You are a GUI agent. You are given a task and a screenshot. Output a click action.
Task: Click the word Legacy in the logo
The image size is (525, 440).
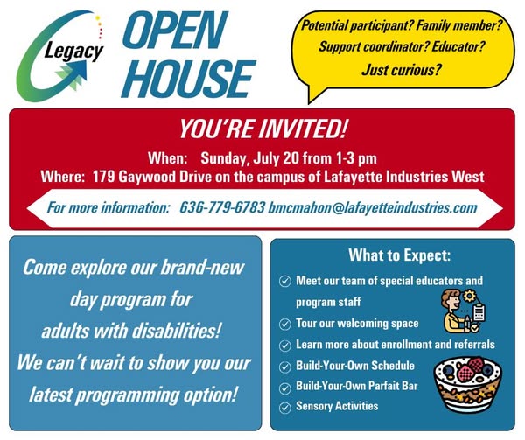[73, 52]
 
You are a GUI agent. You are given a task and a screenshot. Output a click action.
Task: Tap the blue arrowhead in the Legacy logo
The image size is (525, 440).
[78, 68]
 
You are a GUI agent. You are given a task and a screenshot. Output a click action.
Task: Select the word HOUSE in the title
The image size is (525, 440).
[188, 79]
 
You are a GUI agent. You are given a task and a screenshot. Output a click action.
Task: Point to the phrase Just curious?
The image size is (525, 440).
[402, 70]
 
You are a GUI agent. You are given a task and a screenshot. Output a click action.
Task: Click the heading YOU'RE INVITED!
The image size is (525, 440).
[262, 129]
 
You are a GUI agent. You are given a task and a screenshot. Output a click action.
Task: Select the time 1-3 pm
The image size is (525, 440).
[356, 158]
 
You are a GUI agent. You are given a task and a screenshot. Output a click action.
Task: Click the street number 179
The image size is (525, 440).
[103, 177]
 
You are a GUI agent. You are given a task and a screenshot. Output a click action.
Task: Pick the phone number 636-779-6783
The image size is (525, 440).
[222, 207]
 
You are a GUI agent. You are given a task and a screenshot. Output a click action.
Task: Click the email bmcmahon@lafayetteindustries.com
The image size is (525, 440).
[373, 207]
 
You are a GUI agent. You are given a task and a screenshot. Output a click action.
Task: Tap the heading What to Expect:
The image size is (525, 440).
[400, 255]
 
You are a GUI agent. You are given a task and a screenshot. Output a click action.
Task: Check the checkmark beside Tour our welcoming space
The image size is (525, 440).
[284, 325]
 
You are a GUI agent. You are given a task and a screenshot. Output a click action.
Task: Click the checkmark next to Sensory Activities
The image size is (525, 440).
[284, 408]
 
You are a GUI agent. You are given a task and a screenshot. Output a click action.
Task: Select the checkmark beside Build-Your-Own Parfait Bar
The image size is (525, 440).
[284, 388]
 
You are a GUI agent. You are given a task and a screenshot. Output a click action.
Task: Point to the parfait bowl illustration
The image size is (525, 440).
[468, 383]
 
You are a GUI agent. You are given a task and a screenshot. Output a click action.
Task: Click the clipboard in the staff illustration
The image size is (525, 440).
[479, 312]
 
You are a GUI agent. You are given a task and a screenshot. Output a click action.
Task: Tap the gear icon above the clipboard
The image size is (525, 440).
[470, 297]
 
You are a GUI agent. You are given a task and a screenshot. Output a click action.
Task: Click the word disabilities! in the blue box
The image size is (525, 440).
[177, 332]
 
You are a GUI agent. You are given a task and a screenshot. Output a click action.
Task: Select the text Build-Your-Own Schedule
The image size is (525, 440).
[355, 366]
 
